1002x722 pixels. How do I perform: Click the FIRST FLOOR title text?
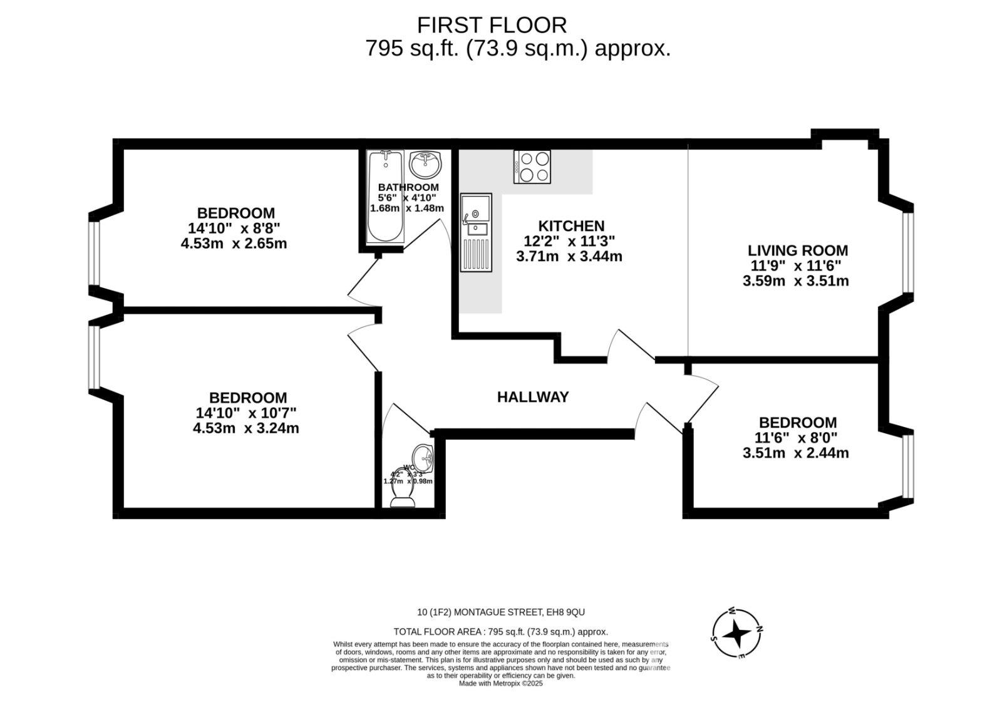pos(492,25)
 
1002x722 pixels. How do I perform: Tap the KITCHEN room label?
pos(571,226)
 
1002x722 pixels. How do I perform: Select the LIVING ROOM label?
pos(797,250)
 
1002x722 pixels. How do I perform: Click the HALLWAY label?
pos(533,397)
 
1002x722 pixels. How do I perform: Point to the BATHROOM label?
pos(408,187)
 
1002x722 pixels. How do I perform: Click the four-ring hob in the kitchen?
pos(532,167)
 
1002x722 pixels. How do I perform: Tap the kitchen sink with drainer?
pos(476,232)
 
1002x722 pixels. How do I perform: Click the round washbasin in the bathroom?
pos(426,165)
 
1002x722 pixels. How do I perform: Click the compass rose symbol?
pos(737,634)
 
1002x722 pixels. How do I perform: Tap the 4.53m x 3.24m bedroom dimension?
pos(246,428)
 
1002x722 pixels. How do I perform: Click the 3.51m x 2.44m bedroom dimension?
pos(795,453)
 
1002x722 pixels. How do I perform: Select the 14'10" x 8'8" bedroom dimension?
pos(234,228)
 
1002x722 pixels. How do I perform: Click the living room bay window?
pos(907,252)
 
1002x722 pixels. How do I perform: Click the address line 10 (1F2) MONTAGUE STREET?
pos(501,612)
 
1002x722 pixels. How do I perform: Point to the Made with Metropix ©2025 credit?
pos(501,684)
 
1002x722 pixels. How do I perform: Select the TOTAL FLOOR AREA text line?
pos(501,632)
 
